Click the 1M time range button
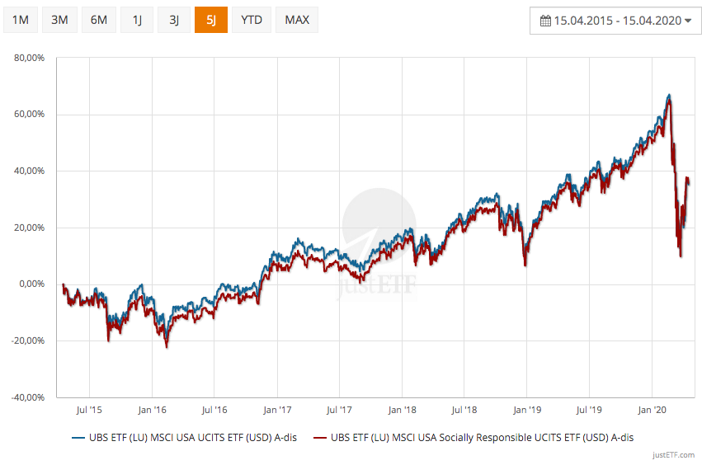[x=21, y=20]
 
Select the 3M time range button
[x=59, y=20]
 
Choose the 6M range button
[x=98, y=20]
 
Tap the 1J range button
[x=136, y=20]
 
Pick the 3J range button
[x=173, y=20]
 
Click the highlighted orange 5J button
[x=211, y=20]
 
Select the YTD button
[x=252, y=20]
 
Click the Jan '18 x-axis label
[x=402, y=409]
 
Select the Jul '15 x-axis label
[x=88, y=409]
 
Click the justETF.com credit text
[x=673, y=455]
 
